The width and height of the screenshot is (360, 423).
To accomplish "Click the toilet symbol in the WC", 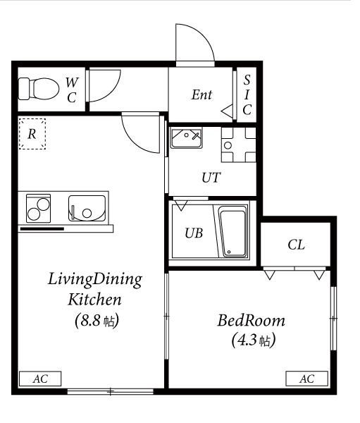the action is (39, 89).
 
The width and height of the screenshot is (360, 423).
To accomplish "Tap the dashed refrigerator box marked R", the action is (32, 134).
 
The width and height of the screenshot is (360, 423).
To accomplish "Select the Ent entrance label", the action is (201, 94).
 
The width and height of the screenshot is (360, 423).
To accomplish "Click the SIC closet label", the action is (247, 94).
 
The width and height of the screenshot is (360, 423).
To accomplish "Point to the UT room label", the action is (211, 178).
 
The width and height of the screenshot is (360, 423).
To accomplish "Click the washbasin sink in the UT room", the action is (186, 138).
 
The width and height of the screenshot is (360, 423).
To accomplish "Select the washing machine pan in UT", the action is (239, 145).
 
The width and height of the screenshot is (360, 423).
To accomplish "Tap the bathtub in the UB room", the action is (233, 232).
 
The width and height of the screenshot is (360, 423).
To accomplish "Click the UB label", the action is (194, 233).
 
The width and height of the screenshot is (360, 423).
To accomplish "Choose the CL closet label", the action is (296, 245).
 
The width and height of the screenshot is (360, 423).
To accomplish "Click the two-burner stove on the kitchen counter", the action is (38, 209).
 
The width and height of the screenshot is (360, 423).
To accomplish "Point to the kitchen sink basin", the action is (87, 208).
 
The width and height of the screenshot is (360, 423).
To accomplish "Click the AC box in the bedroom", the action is (307, 379).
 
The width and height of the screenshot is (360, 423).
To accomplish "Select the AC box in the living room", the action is (40, 379).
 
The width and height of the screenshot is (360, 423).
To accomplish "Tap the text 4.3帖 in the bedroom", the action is (254, 341).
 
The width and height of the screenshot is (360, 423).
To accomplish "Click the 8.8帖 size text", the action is (97, 321).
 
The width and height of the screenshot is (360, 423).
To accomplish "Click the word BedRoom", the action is (251, 321).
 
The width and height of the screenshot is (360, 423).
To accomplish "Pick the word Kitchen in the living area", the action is (94, 300).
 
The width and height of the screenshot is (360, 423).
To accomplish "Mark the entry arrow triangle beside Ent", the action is (227, 111).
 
